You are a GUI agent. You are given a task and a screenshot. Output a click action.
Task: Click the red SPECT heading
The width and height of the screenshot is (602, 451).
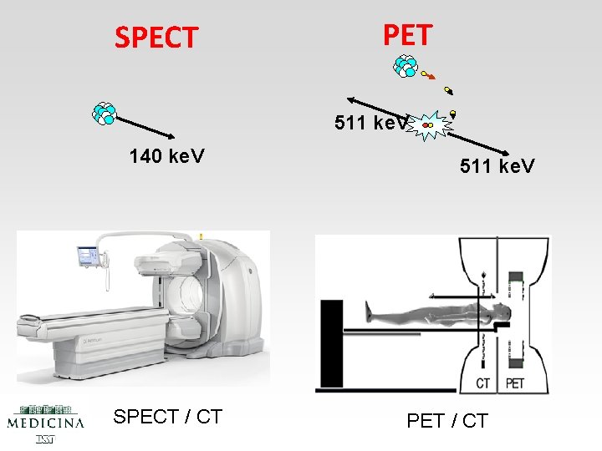coord(156,38)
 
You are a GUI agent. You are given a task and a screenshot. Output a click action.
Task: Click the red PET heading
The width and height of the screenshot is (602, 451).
coord(407,35)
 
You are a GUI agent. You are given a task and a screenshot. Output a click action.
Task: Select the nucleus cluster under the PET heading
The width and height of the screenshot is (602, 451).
coord(406,65)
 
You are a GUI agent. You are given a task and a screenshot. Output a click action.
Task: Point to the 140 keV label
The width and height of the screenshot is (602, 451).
coord(167,156)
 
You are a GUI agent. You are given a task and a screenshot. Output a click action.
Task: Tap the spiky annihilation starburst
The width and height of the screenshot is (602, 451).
coord(431,124)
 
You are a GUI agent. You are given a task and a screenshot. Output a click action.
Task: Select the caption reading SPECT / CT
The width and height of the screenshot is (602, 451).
coord(167,417)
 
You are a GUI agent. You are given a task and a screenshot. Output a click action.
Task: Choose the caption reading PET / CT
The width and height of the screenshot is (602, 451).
coord(446,420)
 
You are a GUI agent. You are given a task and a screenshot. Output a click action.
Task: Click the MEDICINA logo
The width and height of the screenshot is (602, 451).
coord(46,420)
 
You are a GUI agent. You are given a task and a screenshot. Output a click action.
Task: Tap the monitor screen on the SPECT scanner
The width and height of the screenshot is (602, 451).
coord(88,254)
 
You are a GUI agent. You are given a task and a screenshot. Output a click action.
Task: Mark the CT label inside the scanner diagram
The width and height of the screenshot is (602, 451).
coord(483,383)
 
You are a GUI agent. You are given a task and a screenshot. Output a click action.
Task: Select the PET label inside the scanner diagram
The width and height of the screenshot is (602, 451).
coord(514,383)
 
